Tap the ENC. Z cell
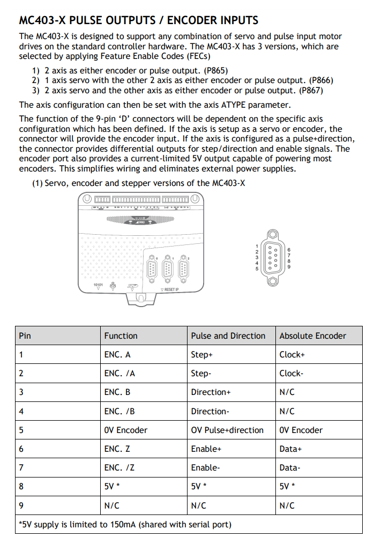click(x=117, y=449)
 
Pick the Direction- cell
click(x=210, y=411)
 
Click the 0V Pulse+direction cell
click(x=227, y=430)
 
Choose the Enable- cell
click(x=205, y=468)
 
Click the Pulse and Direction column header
click(x=228, y=336)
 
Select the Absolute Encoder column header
click(x=313, y=336)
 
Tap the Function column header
click(x=121, y=336)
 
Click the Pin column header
click(x=25, y=336)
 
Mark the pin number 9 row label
click(x=21, y=505)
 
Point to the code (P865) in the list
click(x=218, y=70)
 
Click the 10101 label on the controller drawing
click(x=99, y=285)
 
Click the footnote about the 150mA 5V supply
click(x=125, y=524)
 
